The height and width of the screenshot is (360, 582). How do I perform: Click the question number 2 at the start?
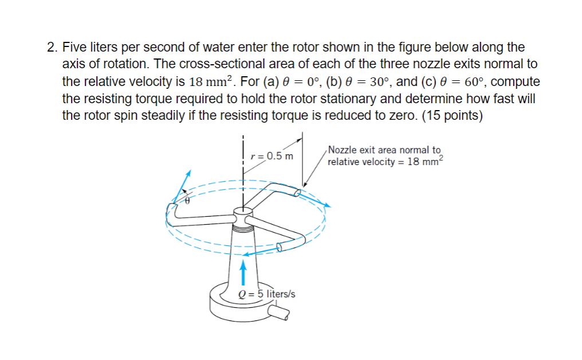pyautogui.click(x=50, y=47)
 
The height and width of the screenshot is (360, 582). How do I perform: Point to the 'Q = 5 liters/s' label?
pyautogui.click(x=266, y=294)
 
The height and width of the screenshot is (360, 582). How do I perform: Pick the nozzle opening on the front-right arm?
pyautogui.click(x=280, y=246)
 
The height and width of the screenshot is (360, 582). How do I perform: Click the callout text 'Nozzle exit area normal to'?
pyautogui.click(x=384, y=150)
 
